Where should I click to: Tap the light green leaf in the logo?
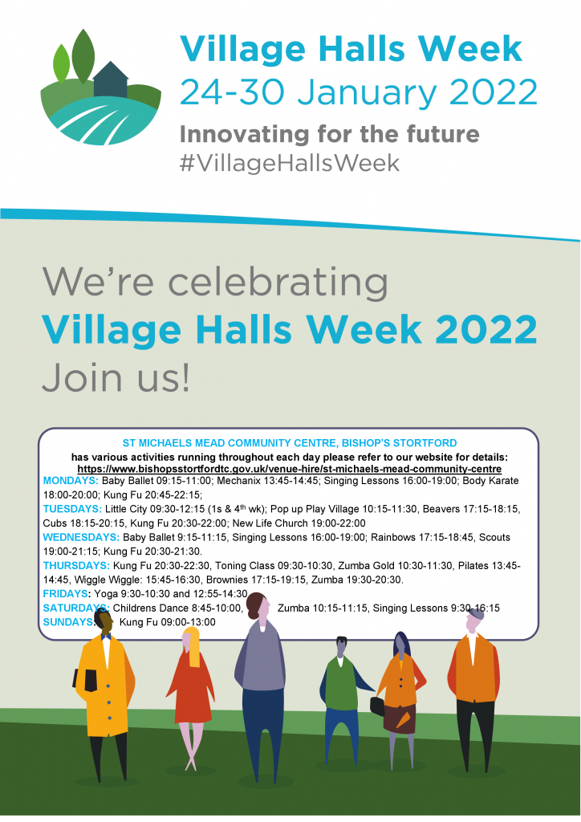[x=61, y=64]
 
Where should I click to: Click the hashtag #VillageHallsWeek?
[x=289, y=163]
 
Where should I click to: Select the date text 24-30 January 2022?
[x=359, y=93]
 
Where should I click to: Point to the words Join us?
[x=116, y=377]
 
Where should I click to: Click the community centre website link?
[x=289, y=469]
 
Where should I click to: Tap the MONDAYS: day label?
[x=71, y=481]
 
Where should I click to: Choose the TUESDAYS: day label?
[x=72, y=509]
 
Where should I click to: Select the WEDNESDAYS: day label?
[x=81, y=537]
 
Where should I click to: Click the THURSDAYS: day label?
[x=76, y=566]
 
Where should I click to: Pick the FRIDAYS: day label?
[x=66, y=594]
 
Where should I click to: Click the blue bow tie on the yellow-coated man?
[x=107, y=637]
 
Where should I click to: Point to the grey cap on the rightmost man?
[x=476, y=613]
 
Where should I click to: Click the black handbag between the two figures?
[x=377, y=706]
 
